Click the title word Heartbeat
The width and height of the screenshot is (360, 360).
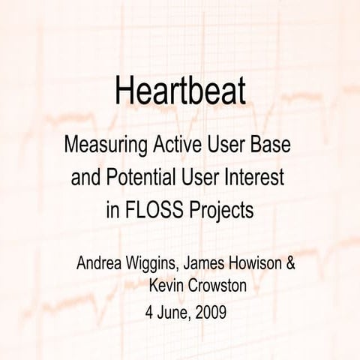(180, 92)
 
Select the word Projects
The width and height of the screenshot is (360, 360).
(223, 211)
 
